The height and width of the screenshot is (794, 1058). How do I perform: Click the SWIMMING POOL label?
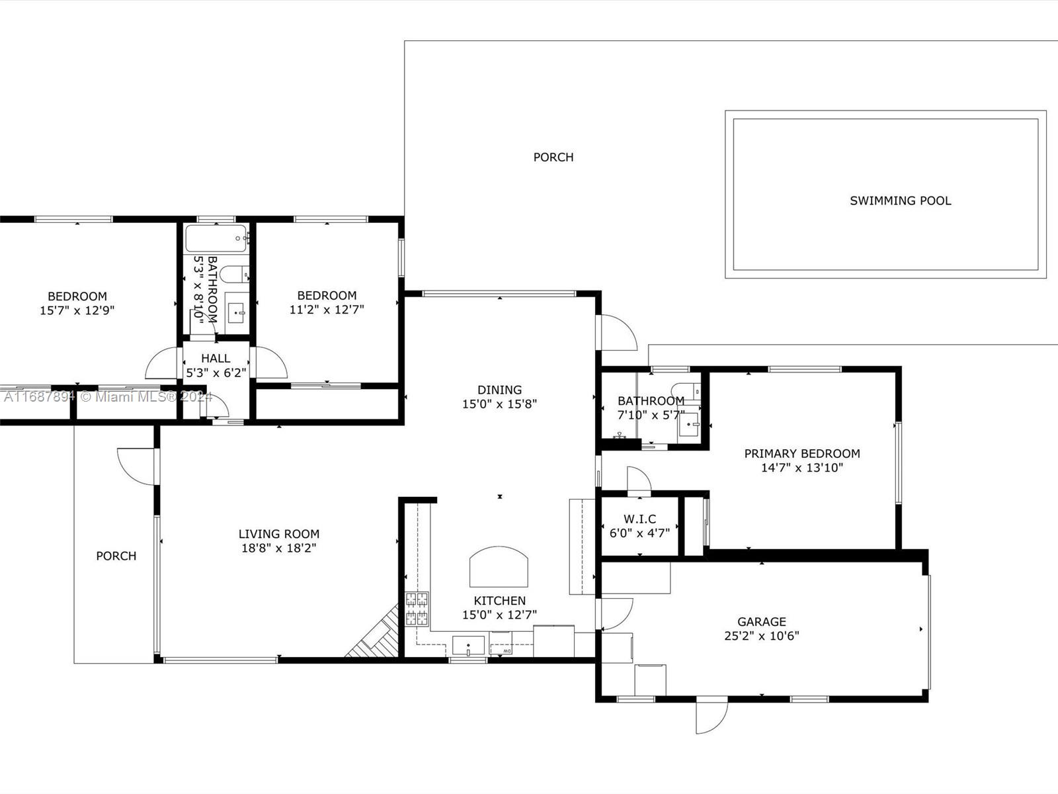coord(901,200)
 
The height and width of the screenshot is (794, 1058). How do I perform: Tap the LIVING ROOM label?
coord(279,534)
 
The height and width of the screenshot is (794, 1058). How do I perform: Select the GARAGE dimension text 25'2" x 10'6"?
coord(762,636)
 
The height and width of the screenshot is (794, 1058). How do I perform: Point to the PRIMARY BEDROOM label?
coord(802,454)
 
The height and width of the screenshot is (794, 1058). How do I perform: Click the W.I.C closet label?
coord(639,519)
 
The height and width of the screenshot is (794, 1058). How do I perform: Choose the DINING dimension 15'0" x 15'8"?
coord(499,404)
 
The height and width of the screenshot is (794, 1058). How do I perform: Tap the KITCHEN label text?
coord(499,601)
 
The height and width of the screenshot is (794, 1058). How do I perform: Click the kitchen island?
coord(499,566)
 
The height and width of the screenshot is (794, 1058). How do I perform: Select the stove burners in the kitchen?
coord(417,609)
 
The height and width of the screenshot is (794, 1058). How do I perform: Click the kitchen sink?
coord(468,646)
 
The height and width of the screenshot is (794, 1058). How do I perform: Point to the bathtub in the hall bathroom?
coord(217,238)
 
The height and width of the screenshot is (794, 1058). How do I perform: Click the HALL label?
coord(216,359)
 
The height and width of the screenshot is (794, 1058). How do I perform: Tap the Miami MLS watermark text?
coord(108,397)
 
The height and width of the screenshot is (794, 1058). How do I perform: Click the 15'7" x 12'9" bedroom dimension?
coord(77,310)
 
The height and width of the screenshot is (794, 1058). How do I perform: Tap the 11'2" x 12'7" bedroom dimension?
coord(327,310)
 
